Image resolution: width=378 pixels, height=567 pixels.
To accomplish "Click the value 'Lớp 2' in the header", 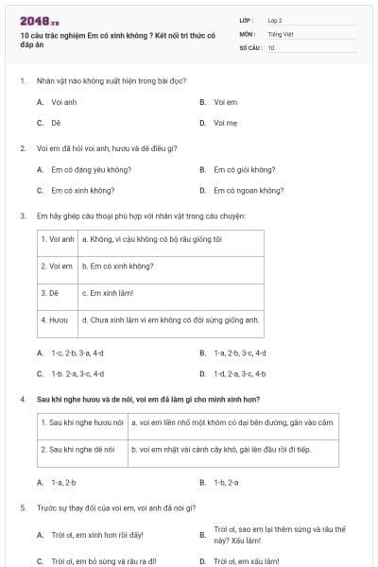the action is coord(275,20).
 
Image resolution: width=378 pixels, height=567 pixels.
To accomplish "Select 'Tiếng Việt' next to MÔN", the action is coord(280,33).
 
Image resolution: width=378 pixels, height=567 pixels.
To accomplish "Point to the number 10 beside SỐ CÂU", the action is coord(271,46).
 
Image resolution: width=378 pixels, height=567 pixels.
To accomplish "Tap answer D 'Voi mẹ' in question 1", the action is coord(224,122).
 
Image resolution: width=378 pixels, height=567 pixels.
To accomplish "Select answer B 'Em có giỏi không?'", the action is coord(244,169).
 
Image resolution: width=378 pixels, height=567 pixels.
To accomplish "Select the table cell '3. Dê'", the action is coord(50,293).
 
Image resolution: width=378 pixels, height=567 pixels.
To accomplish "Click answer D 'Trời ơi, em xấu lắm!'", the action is coord(247,560).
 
